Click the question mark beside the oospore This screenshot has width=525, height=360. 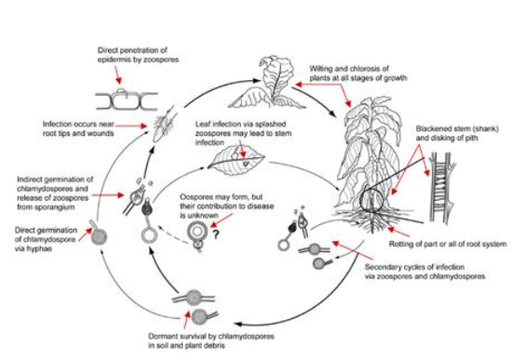click(x=215, y=234)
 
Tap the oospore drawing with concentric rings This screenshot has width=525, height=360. click(x=195, y=231)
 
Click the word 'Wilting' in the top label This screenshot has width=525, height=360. click(x=320, y=69)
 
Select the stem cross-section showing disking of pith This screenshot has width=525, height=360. click(x=440, y=188)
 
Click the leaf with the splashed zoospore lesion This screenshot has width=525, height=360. click(x=236, y=158)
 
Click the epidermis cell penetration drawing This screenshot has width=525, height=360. click(x=127, y=100)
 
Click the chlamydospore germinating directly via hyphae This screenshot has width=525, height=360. click(x=99, y=235)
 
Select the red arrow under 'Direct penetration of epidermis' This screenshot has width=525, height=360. click(x=118, y=74)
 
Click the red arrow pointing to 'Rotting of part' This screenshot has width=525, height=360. click(x=397, y=232)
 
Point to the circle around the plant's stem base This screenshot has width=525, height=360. click(x=360, y=200)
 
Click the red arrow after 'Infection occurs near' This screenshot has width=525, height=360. click(x=131, y=126)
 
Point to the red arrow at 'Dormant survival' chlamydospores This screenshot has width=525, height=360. click(x=187, y=319)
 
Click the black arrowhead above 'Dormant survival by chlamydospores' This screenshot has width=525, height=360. click(x=238, y=324)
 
